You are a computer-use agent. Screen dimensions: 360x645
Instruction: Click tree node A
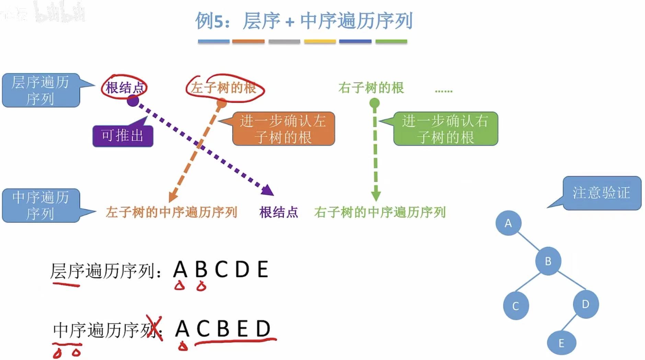tap(508, 223)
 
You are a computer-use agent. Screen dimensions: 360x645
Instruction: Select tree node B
tap(548, 261)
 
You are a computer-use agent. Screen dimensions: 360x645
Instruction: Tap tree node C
tap(516, 306)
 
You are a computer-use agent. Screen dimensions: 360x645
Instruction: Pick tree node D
tap(586, 304)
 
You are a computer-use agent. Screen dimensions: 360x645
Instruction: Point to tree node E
tap(561, 343)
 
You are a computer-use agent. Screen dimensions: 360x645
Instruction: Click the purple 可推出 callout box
tap(123, 136)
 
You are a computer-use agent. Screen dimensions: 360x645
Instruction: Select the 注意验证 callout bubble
tap(601, 193)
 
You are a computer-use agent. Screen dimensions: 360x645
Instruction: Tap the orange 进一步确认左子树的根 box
tap(283, 129)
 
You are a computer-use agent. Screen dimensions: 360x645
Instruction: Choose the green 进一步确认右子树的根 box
tap(445, 129)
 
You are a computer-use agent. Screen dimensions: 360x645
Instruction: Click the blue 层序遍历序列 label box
tap(41, 90)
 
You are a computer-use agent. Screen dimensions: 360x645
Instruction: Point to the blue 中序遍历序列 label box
tap(41, 205)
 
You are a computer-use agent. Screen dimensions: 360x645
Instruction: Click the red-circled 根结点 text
tap(124, 88)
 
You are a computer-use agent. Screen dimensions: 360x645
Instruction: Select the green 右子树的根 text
tap(371, 88)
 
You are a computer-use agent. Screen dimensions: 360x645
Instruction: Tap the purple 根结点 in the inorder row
tap(278, 212)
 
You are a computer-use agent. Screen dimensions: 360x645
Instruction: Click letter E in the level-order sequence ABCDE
tap(263, 269)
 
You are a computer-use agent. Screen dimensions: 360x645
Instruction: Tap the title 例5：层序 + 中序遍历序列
tap(304, 21)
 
